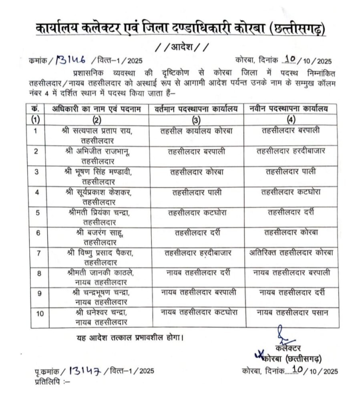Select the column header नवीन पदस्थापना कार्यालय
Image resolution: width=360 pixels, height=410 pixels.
(x=291, y=108)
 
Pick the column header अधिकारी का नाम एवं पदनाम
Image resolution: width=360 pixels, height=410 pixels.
(x=97, y=108)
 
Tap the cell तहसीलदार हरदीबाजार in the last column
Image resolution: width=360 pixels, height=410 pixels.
(x=291, y=151)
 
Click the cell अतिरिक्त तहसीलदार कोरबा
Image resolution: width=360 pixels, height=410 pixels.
(x=291, y=253)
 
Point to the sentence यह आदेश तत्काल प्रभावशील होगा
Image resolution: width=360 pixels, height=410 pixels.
(x=130, y=337)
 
